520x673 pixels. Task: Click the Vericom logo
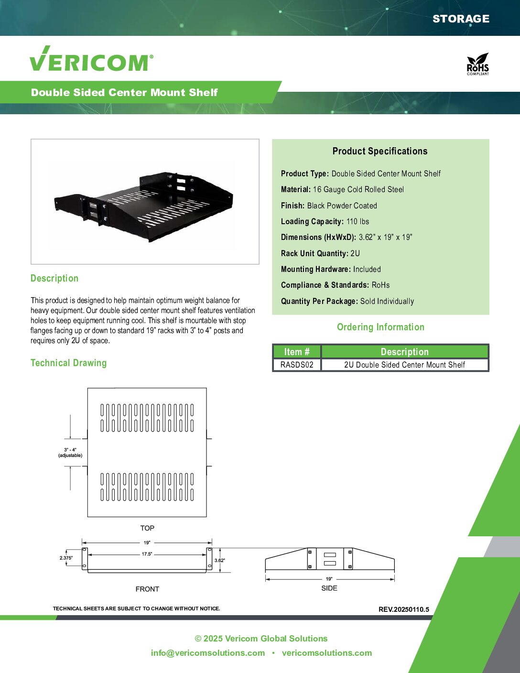(x=91, y=60)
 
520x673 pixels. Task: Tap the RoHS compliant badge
(x=477, y=64)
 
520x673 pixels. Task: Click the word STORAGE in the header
(x=461, y=19)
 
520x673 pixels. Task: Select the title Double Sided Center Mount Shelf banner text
(x=124, y=92)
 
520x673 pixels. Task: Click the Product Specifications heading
(x=380, y=151)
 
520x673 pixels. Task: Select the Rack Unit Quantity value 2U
(x=355, y=253)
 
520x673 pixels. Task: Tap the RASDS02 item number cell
(x=297, y=365)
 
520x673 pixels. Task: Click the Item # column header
(x=297, y=352)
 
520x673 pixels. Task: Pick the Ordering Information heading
(x=380, y=327)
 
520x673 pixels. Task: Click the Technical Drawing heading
(x=68, y=363)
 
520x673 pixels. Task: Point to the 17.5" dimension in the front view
(x=147, y=554)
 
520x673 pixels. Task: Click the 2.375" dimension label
(x=66, y=558)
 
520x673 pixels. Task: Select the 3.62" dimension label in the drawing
(x=219, y=560)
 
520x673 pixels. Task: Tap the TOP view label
(x=147, y=528)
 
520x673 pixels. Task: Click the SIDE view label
(x=329, y=588)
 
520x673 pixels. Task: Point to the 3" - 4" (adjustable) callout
(x=70, y=452)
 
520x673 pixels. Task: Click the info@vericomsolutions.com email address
(x=208, y=653)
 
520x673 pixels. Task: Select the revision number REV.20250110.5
(x=404, y=609)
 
